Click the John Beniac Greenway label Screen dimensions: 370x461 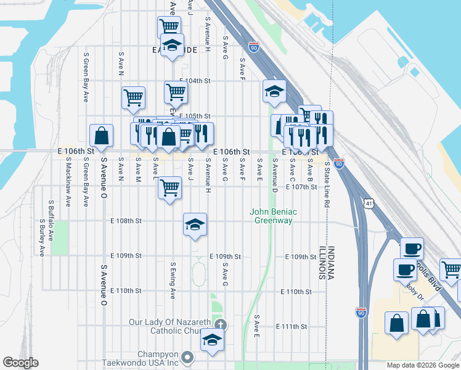click(273, 216)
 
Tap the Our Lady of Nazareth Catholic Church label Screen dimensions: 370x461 click(169, 326)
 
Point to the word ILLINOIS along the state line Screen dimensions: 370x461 click(322, 263)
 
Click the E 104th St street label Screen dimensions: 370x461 click(195, 81)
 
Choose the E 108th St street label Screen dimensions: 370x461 click(126, 220)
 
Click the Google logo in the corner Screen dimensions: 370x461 click(20, 363)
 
